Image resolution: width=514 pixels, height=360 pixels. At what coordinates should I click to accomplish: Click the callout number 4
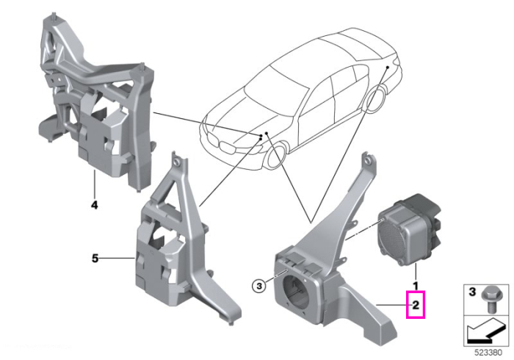95,205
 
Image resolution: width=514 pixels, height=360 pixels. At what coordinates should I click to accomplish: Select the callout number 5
95,259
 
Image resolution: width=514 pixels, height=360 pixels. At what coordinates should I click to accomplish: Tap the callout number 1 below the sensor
416,286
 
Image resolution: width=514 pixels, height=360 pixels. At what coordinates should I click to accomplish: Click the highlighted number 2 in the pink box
416,305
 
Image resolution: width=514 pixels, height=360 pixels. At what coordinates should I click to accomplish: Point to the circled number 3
259,287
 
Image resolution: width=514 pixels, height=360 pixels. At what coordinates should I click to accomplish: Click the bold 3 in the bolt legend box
472,292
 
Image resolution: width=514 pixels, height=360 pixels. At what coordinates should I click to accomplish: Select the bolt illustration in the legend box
489,299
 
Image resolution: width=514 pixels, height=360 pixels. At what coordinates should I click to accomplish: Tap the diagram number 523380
488,353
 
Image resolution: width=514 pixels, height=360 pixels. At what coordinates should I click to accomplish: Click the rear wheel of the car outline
376,98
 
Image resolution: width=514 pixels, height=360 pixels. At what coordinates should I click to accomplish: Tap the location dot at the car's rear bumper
387,67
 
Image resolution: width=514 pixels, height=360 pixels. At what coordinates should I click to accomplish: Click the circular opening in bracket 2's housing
297,289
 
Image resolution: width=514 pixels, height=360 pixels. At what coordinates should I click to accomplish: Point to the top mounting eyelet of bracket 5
178,162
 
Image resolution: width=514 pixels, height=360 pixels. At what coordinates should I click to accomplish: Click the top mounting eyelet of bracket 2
368,159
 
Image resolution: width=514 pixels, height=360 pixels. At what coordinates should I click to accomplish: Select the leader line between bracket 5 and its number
117,259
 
